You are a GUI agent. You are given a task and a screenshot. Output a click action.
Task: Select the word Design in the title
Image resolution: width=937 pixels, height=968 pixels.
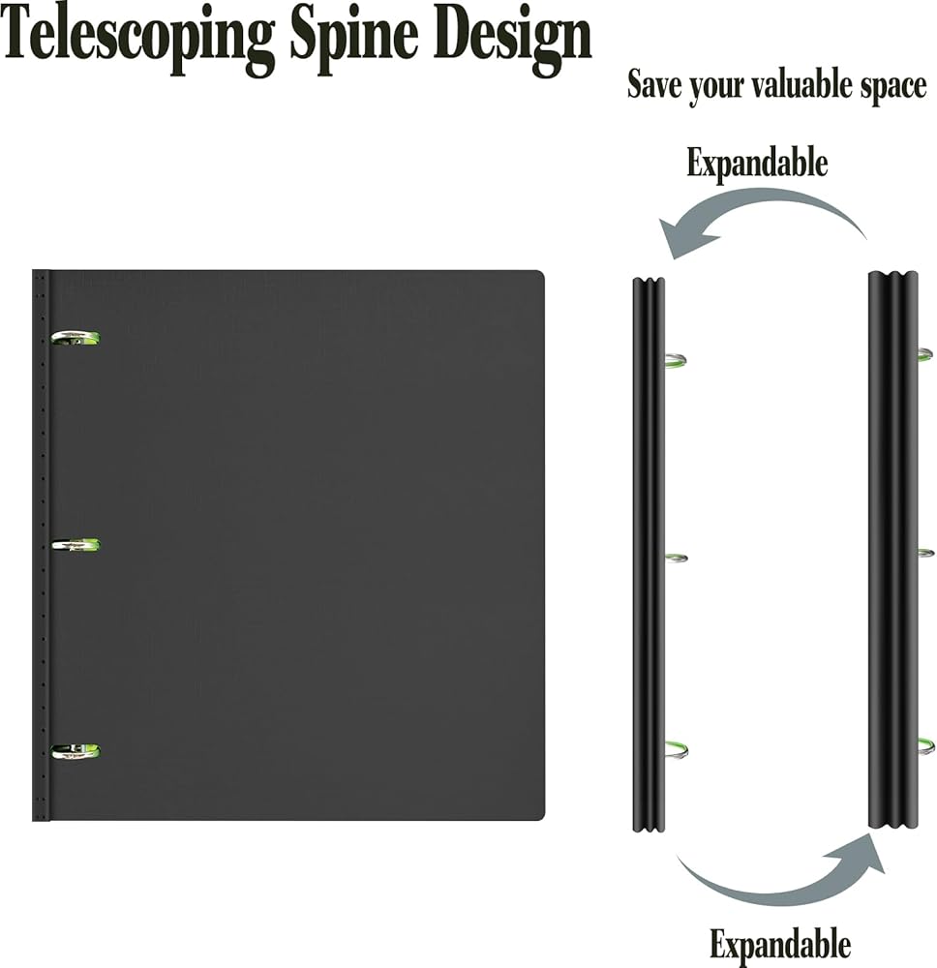click(x=513, y=37)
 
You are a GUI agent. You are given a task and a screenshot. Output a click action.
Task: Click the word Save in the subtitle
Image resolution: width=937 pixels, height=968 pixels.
click(x=654, y=85)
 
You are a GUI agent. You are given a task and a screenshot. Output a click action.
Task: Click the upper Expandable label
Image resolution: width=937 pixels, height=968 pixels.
click(x=757, y=163)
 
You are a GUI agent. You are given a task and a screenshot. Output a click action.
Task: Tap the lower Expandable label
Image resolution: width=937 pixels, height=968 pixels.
click(x=780, y=943)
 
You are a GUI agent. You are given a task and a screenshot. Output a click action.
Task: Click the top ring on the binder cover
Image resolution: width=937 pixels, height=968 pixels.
click(x=76, y=338)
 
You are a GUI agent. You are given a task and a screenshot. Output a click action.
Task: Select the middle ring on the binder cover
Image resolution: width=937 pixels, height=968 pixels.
click(x=76, y=546)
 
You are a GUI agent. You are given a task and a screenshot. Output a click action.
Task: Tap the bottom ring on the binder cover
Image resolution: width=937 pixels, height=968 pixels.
click(x=76, y=751)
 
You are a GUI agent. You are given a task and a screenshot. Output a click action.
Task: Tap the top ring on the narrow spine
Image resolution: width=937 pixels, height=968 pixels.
click(x=675, y=361)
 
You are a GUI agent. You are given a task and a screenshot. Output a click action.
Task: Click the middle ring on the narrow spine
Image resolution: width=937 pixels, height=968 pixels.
click(x=676, y=559)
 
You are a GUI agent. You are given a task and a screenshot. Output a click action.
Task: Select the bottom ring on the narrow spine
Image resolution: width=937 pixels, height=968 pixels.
click(x=676, y=747)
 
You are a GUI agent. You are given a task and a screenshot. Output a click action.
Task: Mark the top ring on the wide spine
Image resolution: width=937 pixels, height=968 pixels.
click(x=925, y=354)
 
